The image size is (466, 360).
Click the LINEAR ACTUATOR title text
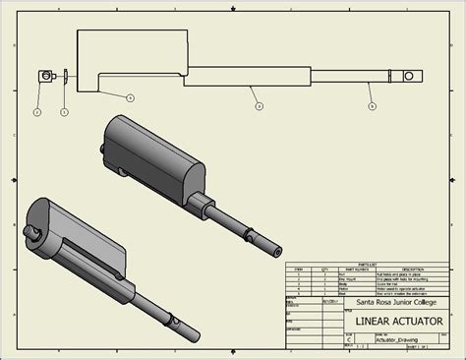391,322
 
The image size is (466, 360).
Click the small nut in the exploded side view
44,76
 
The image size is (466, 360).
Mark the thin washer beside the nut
64,76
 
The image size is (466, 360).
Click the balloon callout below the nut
36,113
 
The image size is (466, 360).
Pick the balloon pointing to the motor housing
130,96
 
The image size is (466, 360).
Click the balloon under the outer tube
257,104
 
